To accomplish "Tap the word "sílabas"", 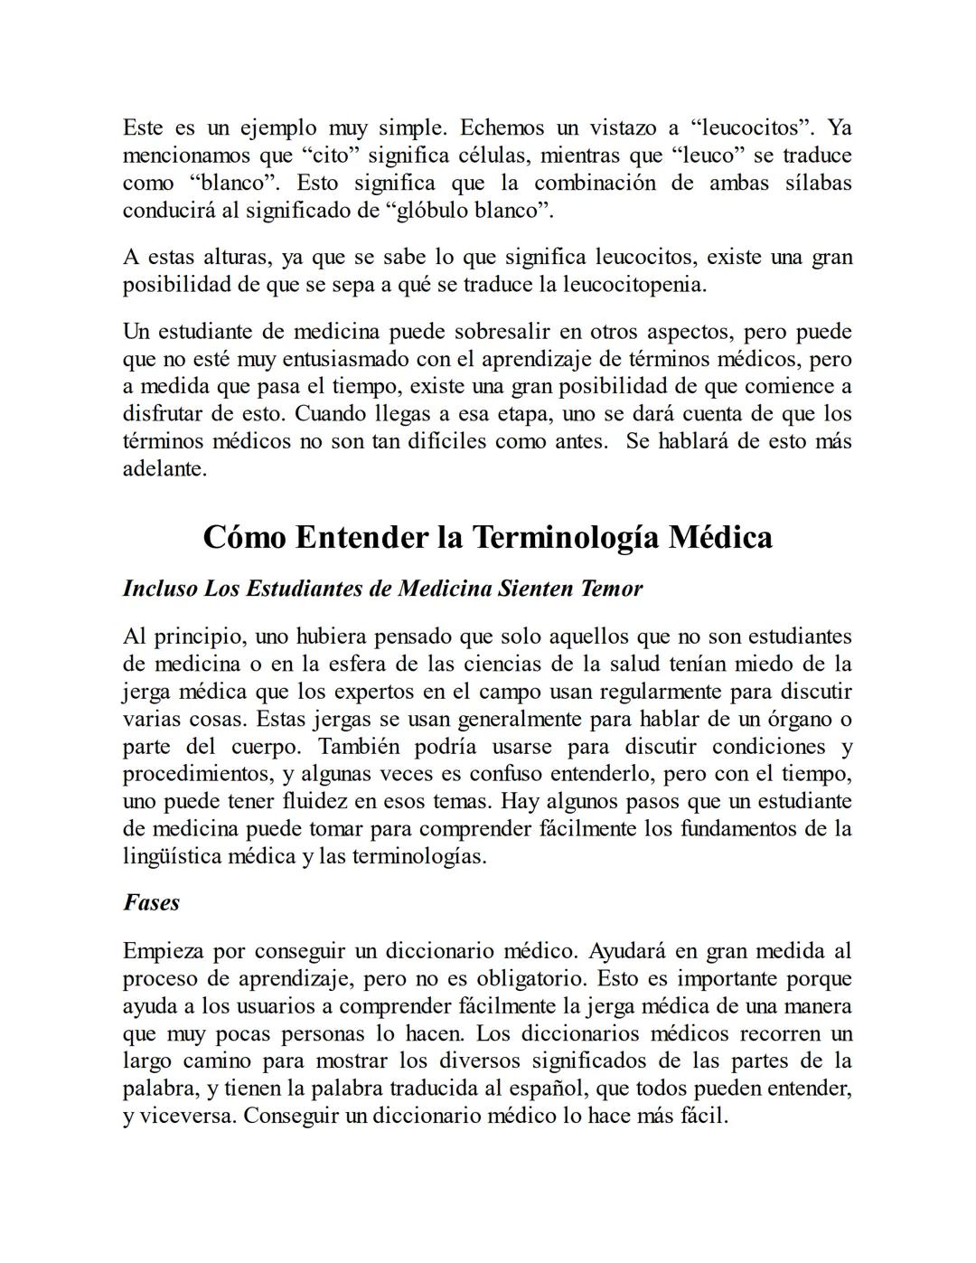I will click(x=818, y=183).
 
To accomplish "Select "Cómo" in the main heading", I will click(x=244, y=537).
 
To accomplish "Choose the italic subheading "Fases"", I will click(x=151, y=902).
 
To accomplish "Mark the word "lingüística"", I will click(x=172, y=856).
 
